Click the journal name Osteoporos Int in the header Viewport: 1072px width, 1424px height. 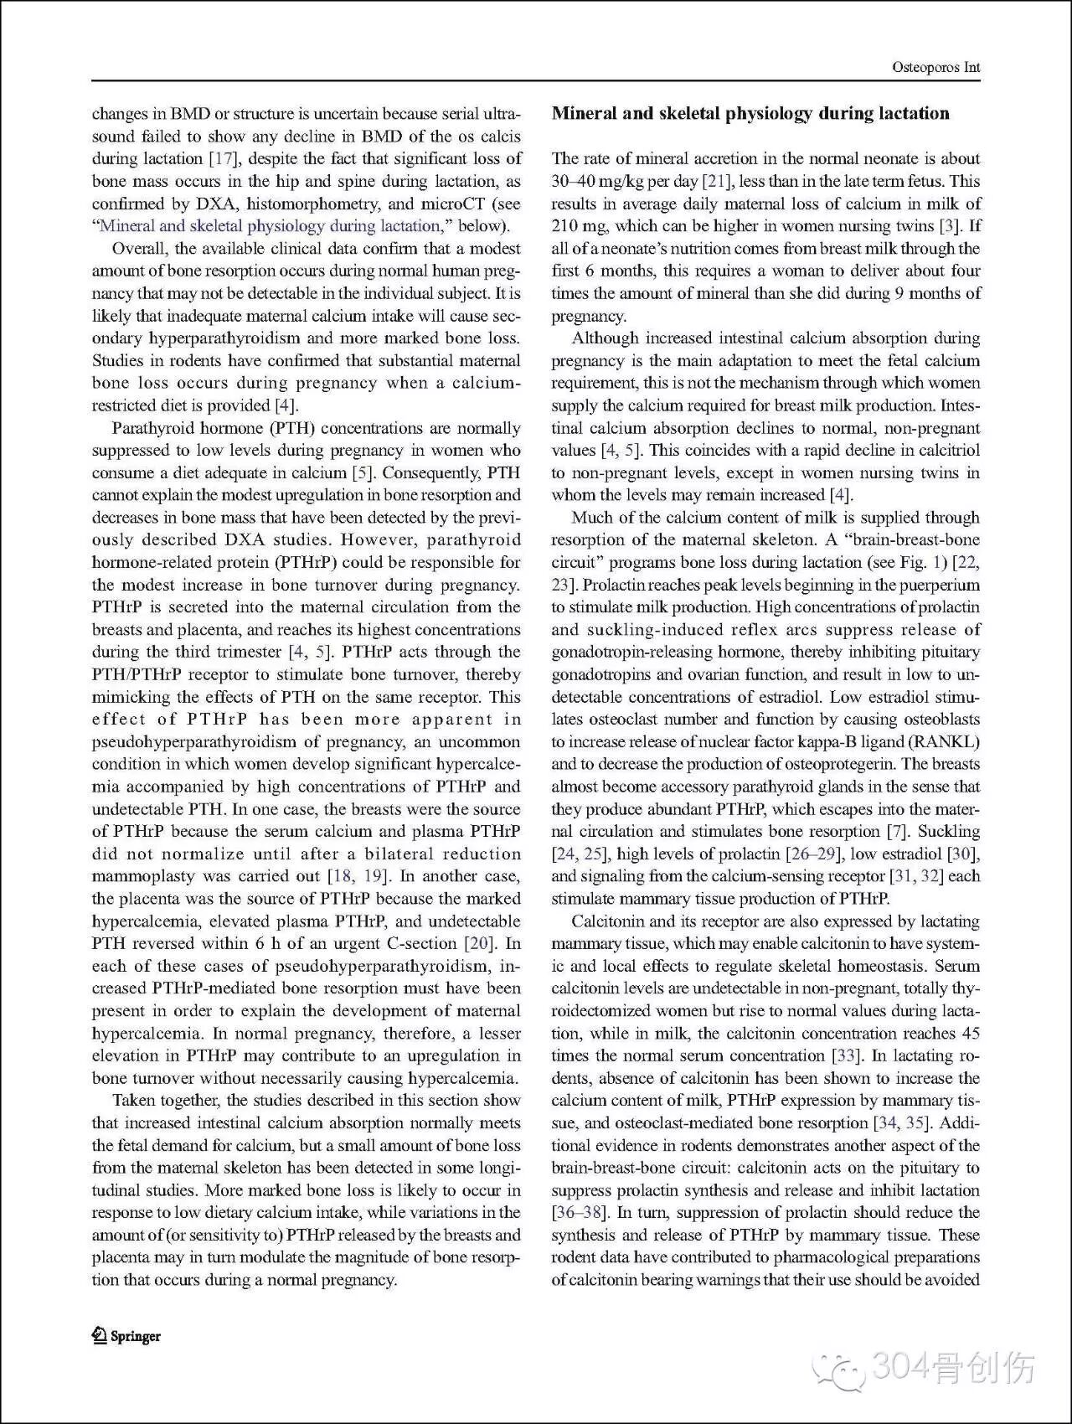(x=936, y=68)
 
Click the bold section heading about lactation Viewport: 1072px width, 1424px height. (x=750, y=114)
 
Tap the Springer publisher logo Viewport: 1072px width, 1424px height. (x=126, y=1335)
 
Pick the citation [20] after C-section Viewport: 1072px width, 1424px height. (x=480, y=943)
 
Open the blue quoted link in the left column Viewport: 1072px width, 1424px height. (x=271, y=226)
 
